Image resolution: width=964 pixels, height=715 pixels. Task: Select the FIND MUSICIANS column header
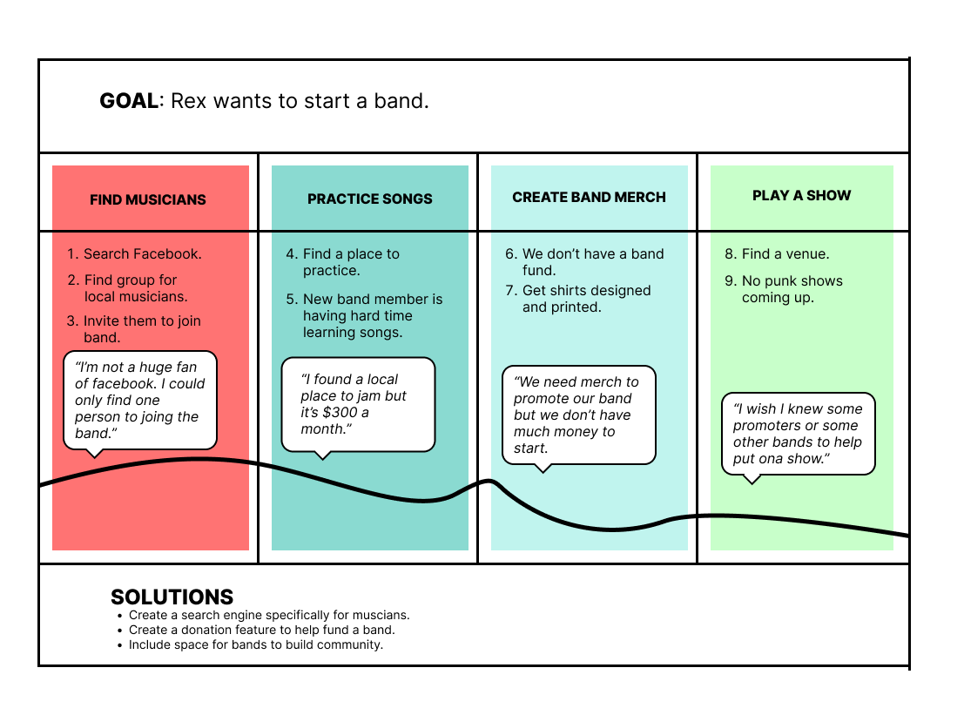(148, 199)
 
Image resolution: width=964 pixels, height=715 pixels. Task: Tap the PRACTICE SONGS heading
(370, 199)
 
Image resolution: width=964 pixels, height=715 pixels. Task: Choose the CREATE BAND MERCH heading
(589, 197)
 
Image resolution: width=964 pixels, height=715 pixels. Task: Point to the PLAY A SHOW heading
(801, 195)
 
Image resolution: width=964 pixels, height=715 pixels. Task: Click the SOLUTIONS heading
(172, 597)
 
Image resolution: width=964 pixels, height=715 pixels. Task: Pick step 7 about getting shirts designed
(586, 299)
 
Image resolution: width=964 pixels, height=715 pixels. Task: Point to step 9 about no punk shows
(792, 289)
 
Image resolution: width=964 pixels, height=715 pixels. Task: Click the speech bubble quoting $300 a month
(358, 405)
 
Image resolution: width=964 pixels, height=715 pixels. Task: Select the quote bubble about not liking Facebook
(140, 400)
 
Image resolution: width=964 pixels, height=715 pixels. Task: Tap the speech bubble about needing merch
(578, 415)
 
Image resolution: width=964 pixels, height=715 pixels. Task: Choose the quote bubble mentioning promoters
(798, 434)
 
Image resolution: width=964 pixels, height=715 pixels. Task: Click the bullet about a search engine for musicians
(268, 615)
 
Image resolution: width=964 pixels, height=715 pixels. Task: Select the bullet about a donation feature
(261, 630)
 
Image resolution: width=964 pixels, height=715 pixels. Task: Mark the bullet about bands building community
(255, 644)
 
